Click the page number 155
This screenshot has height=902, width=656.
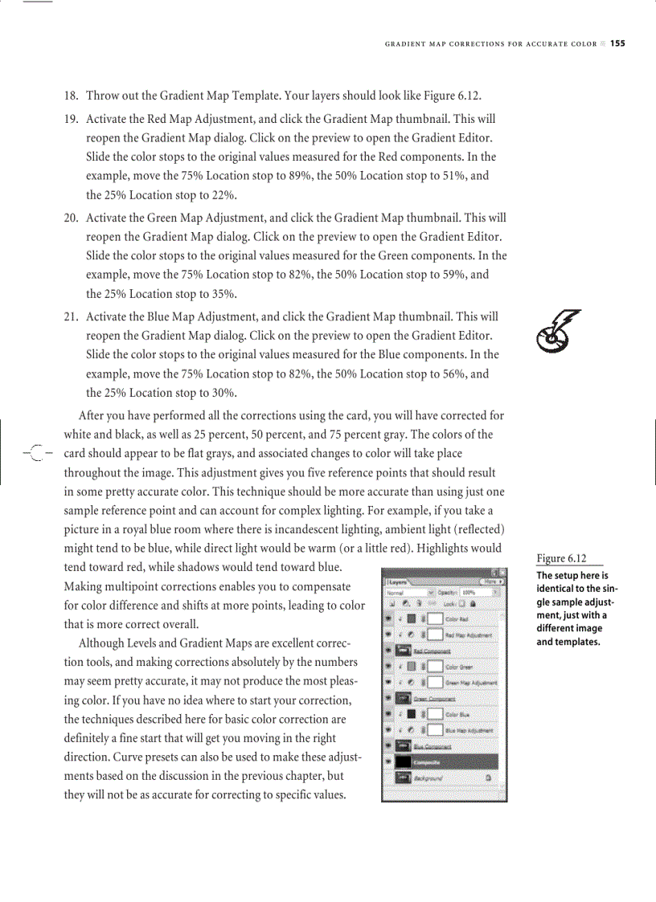pyautogui.click(x=617, y=43)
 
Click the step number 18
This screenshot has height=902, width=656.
pyautogui.click(x=71, y=96)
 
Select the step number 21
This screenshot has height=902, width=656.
pyautogui.click(x=71, y=317)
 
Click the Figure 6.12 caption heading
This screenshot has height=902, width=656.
pyautogui.click(x=560, y=559)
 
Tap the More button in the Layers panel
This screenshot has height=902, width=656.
pyautogui.click(x=490, y=580)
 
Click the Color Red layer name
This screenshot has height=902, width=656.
pyautogui.click(x=457, y=619)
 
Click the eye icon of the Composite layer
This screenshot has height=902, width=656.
pyautogui.click(x=390, y=762)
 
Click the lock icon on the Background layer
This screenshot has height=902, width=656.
pyautogui.click(x=489, y=778)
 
